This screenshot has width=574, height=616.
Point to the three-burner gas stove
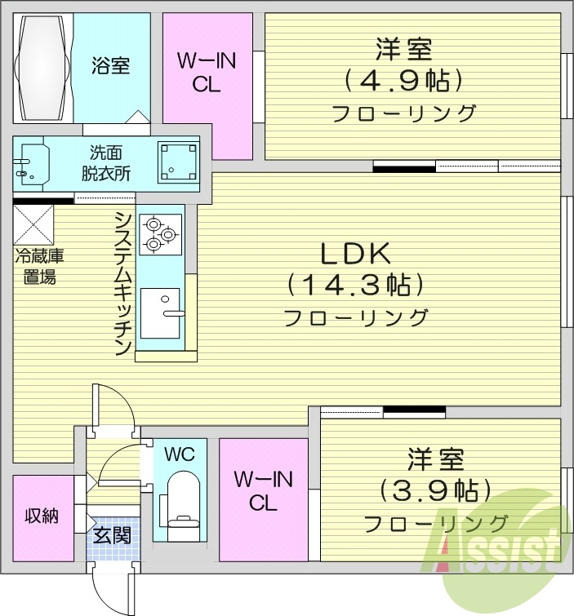158,232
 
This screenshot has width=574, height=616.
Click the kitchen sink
160,312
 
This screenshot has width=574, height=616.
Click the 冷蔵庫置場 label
38,266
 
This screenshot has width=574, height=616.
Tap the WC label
179,454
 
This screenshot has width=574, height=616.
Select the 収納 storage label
41,516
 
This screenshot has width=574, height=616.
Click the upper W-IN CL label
207,72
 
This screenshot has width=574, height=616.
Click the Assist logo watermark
500,547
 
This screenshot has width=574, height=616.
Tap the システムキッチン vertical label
122,282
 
